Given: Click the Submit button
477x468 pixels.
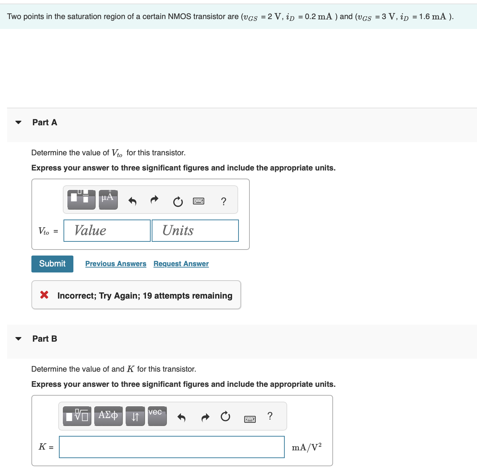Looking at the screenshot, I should (x=52, y=264).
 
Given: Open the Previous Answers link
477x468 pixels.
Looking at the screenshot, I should (x=116, y=264).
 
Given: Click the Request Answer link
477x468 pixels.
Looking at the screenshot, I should (x=181, y=264).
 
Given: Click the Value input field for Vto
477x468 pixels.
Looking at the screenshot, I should (x=107, y=231).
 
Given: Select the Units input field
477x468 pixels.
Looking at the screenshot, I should (x=195, y=231).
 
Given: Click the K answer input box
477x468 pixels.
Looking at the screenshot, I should (x=171, y=447).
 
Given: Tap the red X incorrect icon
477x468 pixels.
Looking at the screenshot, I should (x=44, y=295).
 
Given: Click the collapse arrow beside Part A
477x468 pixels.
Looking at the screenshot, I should (x=18, y=122).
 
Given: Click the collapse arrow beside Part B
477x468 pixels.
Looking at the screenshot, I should (x=18, y=339).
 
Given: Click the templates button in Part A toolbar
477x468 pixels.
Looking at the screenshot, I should (x=81, y=200).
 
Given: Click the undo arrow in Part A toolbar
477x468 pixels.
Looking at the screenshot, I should (x=132, y=201).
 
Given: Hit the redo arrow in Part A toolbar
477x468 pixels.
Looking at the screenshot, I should (x=155, y=200).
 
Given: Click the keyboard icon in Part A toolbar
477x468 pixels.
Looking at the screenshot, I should (x=199, y=201).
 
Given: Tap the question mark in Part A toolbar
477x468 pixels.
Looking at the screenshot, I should (x=223, y=201).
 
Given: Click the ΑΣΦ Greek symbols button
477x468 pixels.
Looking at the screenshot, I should (x=108, y=416).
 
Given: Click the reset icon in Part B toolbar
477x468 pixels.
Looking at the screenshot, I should (x=225, y=417).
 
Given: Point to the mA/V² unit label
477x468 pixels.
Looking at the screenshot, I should (x=307, y=448).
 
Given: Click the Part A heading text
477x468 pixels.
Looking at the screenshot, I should (x=45, y=122).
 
